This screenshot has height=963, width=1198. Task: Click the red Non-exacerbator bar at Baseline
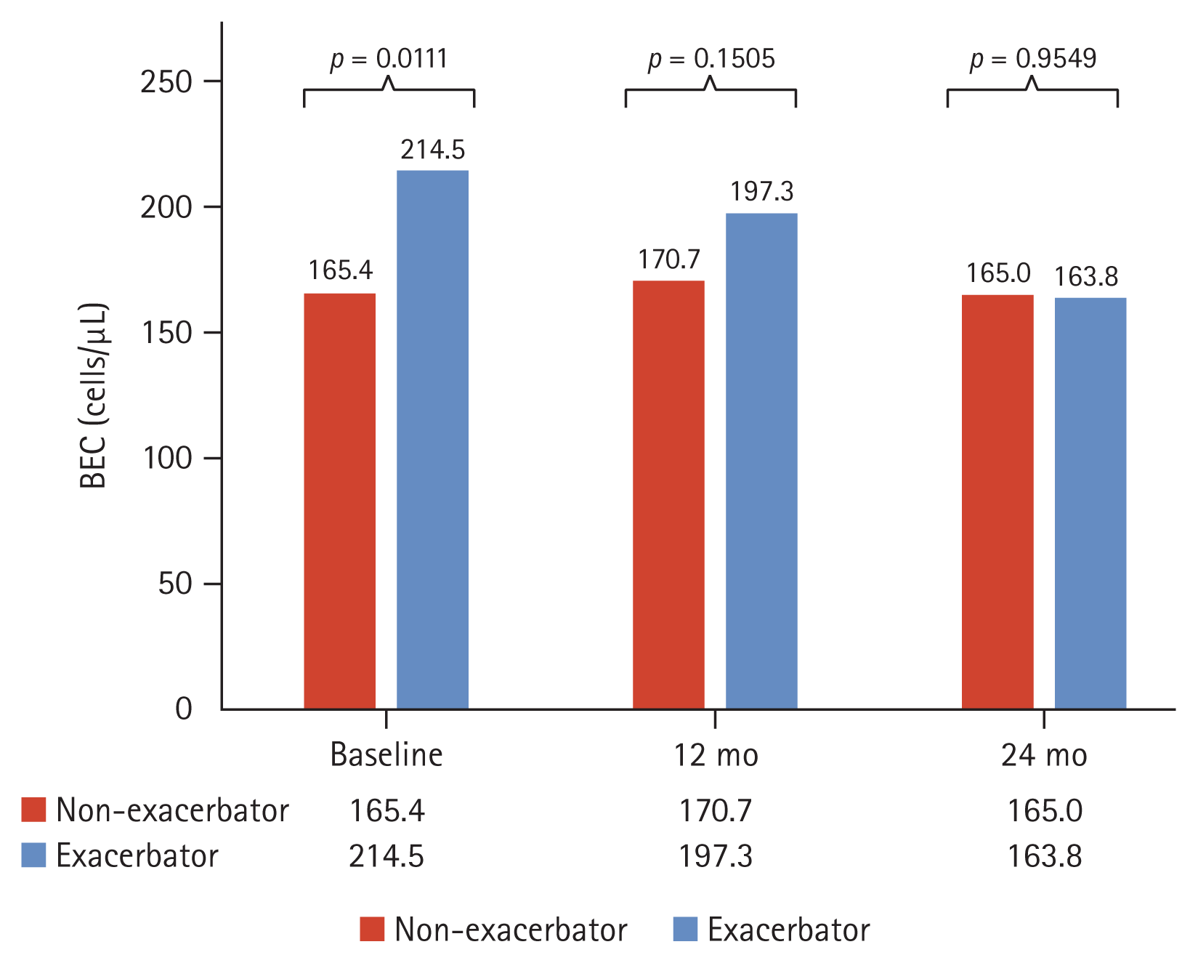click(x=339, y=501)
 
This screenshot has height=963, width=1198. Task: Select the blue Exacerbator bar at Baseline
click(x=432, y=439)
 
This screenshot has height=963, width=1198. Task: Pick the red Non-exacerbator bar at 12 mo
click(x=668, y=494)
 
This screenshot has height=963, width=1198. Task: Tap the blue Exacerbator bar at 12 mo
click(x=761, y=461)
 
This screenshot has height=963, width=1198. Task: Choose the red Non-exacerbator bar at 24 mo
click(x=997, y=501)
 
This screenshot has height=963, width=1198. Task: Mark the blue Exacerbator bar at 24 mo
click(x=1090, y=503)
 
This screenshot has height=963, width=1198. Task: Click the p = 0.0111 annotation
click(x=389, y=59)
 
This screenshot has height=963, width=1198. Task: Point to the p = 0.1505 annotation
click(x=711, y=59)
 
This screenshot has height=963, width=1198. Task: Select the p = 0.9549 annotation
click(x=1032, y=59)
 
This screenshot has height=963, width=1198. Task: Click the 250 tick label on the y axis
click(x=166, y=82)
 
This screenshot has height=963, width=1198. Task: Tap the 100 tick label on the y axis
click(x=166, y=459)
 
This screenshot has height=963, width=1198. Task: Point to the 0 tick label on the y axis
click(x=184, y=709)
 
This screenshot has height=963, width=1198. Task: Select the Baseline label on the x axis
click(x=386, y=755)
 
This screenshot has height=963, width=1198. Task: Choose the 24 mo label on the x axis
click(x=1044, y=756)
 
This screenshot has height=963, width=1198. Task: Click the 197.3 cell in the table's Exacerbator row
click(x=716, y=856)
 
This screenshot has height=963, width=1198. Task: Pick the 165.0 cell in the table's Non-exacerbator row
click(x=1044, y=811)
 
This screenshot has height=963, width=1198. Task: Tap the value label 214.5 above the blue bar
click(x=432, y=150)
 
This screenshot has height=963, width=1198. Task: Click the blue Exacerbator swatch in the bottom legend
click(x=685, y=930)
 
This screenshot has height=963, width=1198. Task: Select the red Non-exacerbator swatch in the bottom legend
click(x=372, y=930)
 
